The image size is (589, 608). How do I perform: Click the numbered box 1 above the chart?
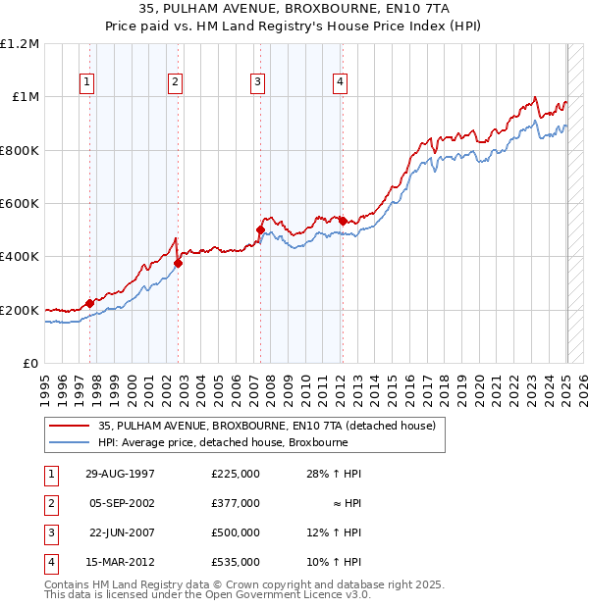(88, 82)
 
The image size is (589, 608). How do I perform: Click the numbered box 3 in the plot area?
(257, 82)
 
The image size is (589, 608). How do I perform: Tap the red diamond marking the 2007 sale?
(260, 230)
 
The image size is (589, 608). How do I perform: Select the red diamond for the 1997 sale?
(89, 303)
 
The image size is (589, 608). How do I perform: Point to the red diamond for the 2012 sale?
(342, 221)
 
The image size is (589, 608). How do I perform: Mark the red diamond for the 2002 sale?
(178, 263)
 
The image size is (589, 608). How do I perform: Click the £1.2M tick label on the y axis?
(20, 44)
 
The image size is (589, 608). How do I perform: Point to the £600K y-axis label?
(20, 204)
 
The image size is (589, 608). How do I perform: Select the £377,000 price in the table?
(235, 503)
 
